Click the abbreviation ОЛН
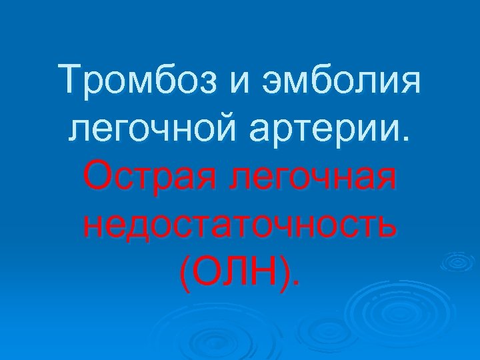[241, 269]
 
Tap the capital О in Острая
[96, 176]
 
